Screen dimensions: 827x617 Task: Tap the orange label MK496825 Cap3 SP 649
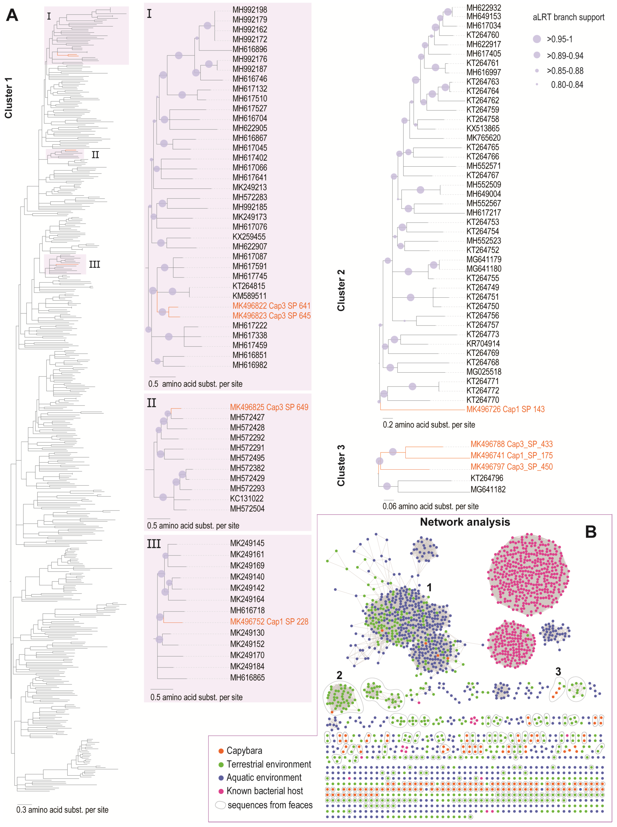[269, 407]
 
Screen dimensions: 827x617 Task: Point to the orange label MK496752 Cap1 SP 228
[269, 621]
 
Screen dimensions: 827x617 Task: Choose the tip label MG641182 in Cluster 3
[488, 489]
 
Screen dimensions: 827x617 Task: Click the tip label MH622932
[484, 7]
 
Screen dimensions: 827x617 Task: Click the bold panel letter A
[12, 16]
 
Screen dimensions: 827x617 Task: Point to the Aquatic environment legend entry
[264, 777]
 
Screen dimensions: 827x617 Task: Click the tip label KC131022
[247, 498]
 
